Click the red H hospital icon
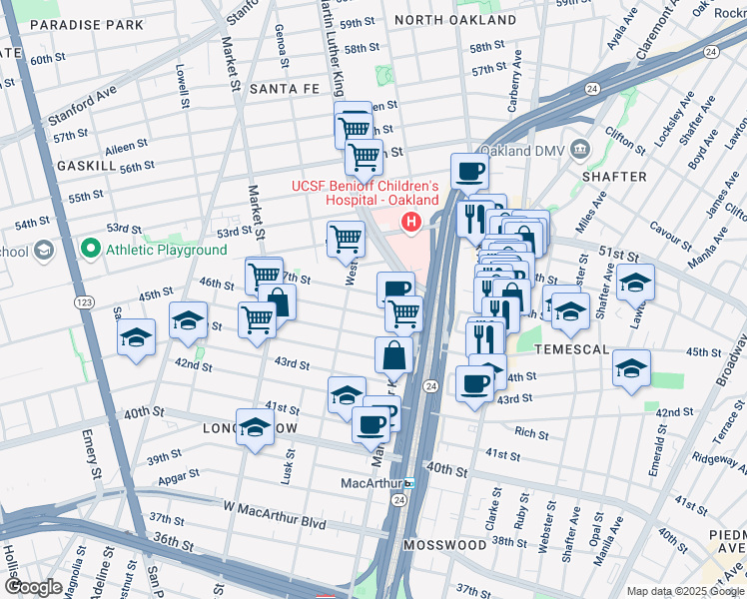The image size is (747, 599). point(408,222)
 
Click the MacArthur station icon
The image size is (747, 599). point(409,483)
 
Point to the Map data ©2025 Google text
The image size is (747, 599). point(685,591)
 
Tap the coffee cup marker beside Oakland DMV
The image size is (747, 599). point(469,171)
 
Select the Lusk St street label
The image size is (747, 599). point(291,463)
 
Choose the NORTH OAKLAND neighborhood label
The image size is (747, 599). point(455,20)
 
